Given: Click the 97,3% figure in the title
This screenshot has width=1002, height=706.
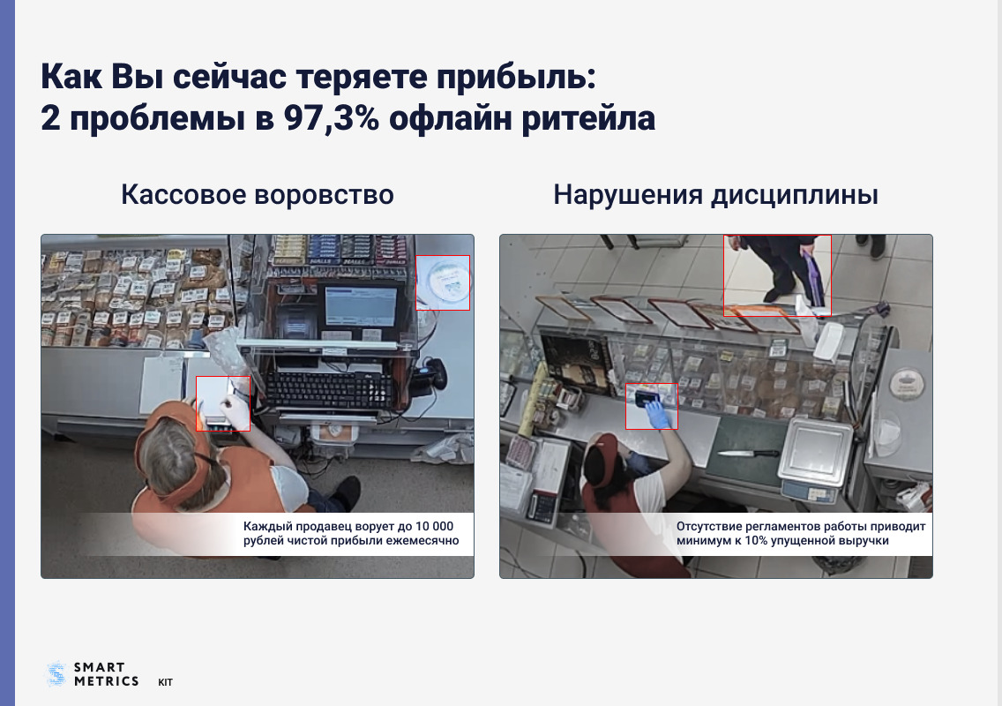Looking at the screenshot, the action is (x=331, y=117).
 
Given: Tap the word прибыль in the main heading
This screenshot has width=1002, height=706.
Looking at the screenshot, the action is (x=516, y=77).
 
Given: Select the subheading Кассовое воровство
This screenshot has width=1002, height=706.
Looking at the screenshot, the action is (x=258, y=194).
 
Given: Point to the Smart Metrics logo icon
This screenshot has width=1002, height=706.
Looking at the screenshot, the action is (x=56, y=674).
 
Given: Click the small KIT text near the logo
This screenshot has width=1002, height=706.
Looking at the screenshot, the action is (x=166, y=682).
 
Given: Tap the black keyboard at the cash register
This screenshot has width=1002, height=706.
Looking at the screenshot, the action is (x=329, y=389).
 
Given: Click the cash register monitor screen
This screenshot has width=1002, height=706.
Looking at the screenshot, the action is (x=361, y=306).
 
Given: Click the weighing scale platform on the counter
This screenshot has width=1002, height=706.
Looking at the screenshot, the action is (x=820, y=447).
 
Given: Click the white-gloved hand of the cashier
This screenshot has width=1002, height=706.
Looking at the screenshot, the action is (x=236, y=410).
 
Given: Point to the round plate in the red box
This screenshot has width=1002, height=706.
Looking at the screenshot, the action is (x=445, y=282).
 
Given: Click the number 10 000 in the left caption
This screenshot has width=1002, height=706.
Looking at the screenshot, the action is (x=434, y=526).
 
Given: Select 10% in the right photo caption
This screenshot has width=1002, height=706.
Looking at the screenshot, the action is (x=755, y=540).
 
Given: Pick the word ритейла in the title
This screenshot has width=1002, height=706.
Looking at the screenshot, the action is (x=588, y=118).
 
